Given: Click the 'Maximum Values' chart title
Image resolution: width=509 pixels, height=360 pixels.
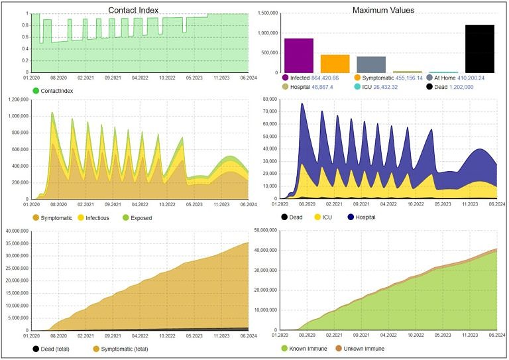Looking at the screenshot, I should coord(384,10).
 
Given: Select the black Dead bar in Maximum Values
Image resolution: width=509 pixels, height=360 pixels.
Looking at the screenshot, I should coord(479,49).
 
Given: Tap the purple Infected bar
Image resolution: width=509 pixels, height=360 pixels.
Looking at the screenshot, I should coord(299,56).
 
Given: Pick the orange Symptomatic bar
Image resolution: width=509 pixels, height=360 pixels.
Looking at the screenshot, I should coord(335,64).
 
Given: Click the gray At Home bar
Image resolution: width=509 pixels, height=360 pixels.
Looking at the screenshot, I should coord(371,64).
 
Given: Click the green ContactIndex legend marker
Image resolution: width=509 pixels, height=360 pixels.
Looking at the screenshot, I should coord(36,90).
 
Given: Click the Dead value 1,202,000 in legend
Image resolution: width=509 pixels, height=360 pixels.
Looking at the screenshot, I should coord(472,87).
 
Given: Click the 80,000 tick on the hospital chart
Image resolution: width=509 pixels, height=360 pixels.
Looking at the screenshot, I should coord(268,99).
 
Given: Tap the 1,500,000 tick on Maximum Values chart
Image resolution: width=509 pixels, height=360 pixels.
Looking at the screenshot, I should coord(266,13).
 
